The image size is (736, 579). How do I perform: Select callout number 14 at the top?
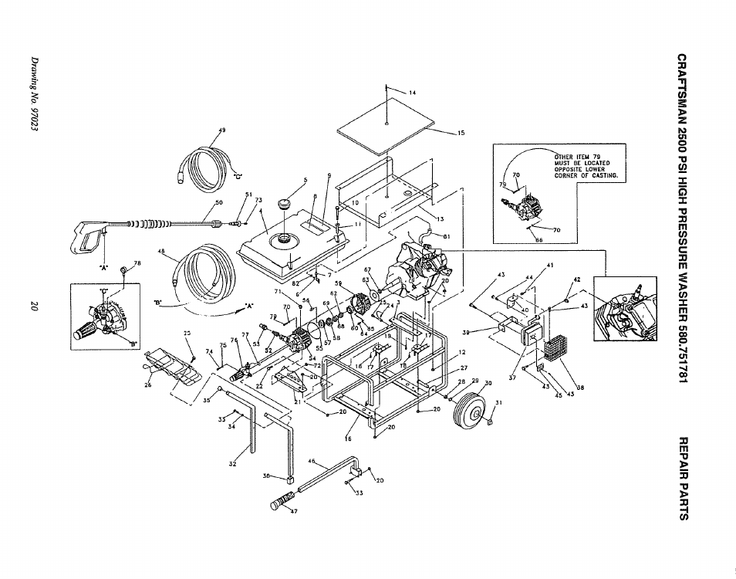412,93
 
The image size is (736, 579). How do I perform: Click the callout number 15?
461,133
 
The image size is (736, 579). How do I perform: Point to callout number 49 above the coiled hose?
223,130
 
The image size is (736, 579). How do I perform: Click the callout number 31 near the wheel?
498,402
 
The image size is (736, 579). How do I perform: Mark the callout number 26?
147,385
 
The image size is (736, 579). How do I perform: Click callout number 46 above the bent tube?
312,461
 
